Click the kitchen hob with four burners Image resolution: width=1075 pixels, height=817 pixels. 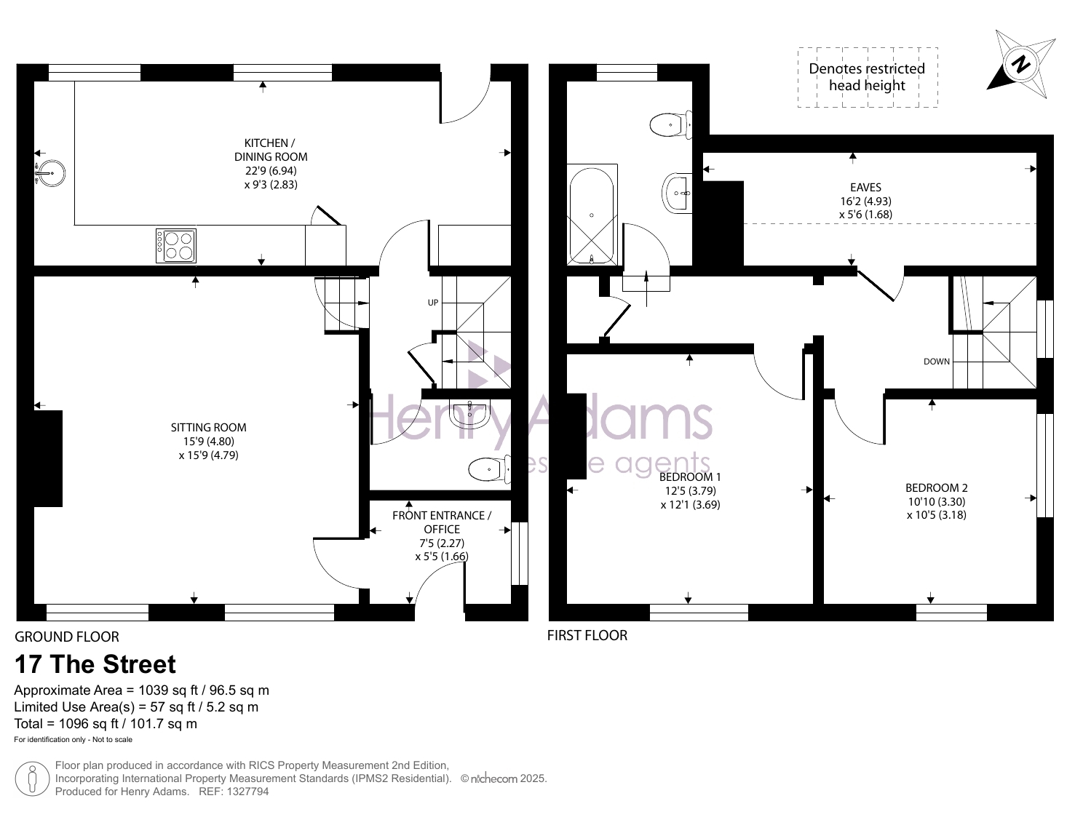pos(176,246)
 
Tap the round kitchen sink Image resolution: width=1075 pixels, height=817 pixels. pos(50,173)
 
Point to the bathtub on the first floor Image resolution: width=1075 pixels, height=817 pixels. pos(592,215)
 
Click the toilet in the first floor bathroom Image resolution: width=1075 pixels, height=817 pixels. pos(670,125)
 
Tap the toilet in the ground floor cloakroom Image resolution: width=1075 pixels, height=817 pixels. pos(489,469)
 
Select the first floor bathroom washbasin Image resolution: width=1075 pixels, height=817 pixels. pos(678,193)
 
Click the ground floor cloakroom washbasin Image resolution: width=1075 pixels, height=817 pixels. pos(469,414)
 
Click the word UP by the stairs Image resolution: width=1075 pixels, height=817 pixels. pos(433,303)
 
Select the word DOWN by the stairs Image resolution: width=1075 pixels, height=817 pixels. pos(937,362)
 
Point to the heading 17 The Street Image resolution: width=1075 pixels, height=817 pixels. pos(95,664)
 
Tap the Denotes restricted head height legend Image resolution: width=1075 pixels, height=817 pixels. pos(868,77)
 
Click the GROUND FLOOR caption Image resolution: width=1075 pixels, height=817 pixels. pos(67,637)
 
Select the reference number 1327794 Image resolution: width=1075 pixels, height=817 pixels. pos(248,792)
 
